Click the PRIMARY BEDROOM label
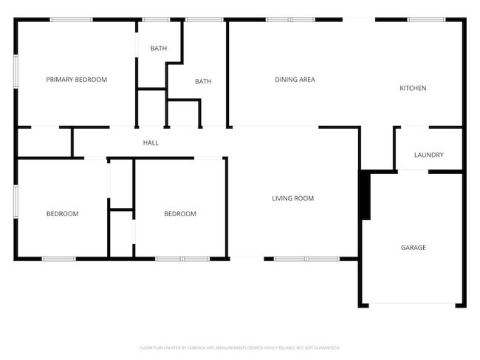(x=76, y=80)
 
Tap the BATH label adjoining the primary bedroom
(x=159, y=49)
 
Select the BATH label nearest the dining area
(x=203, y=82)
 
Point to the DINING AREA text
(x=295, y=80)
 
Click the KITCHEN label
(x=413, y=89)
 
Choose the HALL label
(x=150, y=143)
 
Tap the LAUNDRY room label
(x=428, y=155)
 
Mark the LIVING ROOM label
(x=292, y=198)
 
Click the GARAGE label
(x=413, y=248)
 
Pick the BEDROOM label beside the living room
(x=179, y=214)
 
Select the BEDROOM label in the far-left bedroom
(x=62, y=214)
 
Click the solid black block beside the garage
(x=364, y=195)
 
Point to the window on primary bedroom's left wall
(x=16, y=74)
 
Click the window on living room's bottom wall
(x=306, y=259)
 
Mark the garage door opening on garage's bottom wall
(x=412, y=305)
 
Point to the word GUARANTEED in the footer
(x=324, y=347)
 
